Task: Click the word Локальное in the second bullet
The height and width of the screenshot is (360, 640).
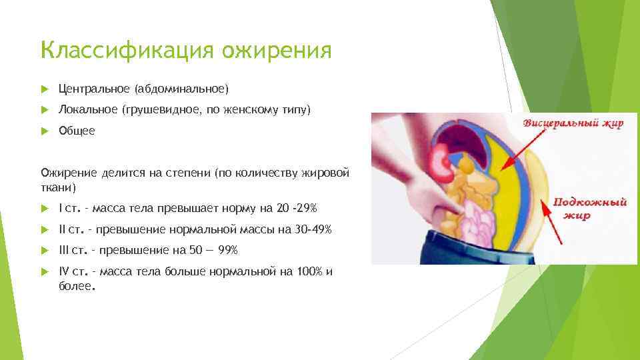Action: [87, 109]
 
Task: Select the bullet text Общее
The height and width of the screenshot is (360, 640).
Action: [77, 131]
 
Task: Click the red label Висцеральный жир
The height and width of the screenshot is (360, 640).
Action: [573, 123]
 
